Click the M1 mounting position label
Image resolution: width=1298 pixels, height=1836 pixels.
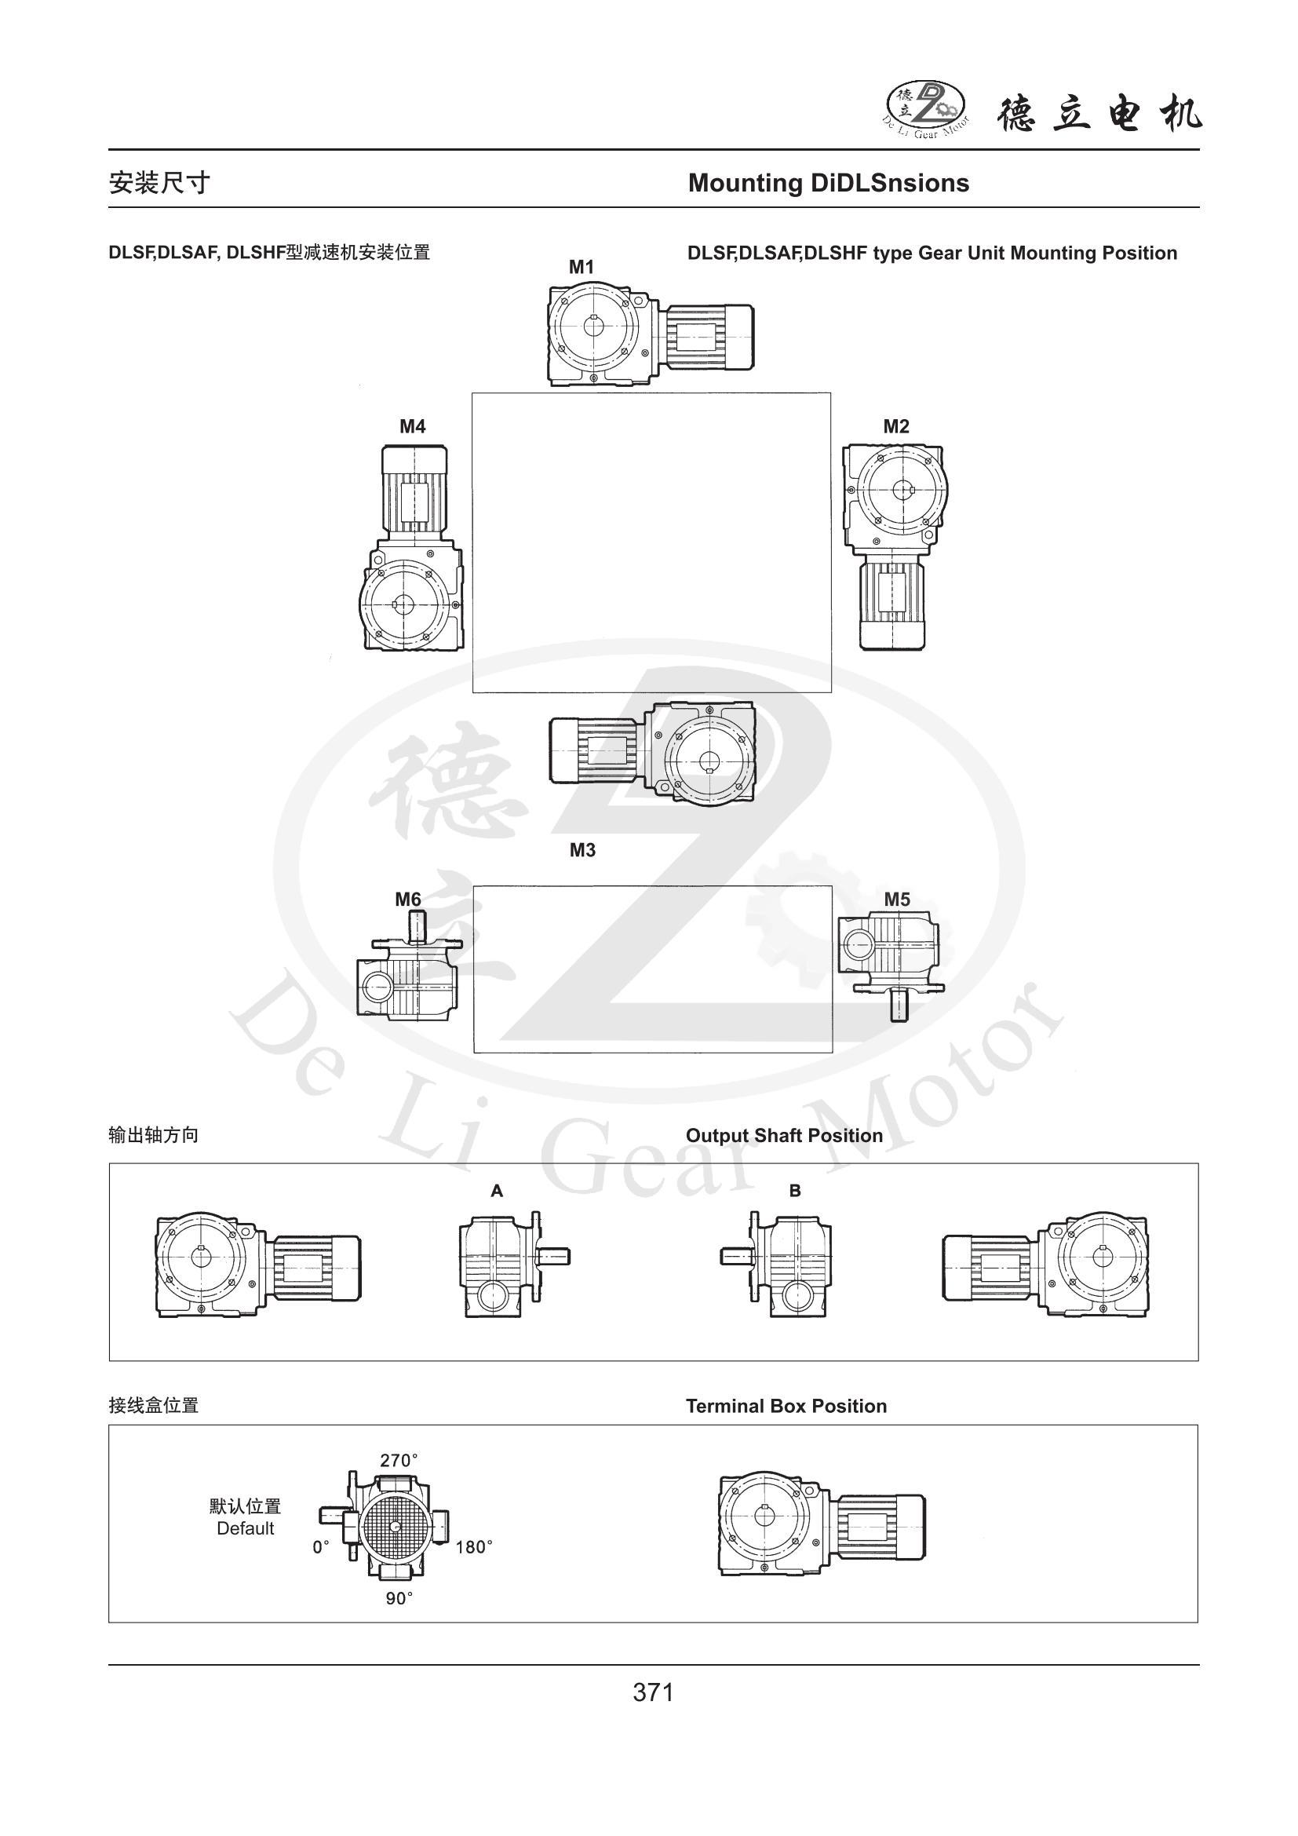click(581, 267)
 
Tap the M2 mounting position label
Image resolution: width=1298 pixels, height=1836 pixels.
click(896, 426)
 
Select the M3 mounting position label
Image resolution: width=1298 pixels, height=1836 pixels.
click(582, 850)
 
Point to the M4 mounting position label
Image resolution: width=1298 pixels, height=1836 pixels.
click(413, 426)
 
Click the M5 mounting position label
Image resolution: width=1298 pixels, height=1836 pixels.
click(897, 900)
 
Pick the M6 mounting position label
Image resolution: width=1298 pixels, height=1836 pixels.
click(407, 900)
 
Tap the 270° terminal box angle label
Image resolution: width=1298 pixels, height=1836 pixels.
click(399, 1460)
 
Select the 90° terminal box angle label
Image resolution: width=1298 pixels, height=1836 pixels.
click(399, 1597)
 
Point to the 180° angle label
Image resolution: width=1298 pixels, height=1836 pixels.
click(474, 1547)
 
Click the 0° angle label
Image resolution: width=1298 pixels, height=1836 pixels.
click(321, 1547)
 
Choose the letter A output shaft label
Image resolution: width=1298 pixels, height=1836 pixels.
click(496, 1191)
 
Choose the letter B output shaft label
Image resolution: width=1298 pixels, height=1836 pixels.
click(794, 1191)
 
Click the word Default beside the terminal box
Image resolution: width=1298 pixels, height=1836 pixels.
click(246, 1529)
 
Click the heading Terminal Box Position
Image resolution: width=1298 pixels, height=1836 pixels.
click(786, 1407)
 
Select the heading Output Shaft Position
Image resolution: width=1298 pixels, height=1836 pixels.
click(784, 1136)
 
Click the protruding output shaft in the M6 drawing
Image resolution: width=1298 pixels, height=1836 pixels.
click(418, 929)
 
